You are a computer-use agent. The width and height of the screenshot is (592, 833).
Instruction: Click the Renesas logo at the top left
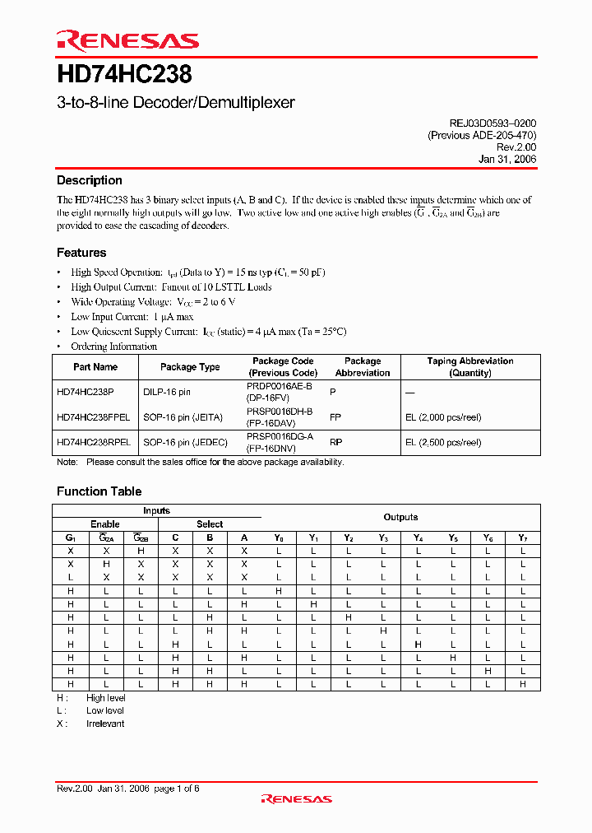pos(127,41)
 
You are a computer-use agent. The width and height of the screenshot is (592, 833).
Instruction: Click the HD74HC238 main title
pos(124,75)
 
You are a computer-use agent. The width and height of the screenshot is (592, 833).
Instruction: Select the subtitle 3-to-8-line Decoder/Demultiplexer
pos(175,103)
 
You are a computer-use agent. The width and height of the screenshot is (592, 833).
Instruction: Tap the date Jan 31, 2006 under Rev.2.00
pos(506,160)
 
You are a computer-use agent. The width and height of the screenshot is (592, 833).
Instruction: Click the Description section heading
pos(89,180)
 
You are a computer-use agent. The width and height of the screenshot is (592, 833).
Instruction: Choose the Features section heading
pos(81,253)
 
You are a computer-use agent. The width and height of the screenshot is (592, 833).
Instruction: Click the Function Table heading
pos(99,491)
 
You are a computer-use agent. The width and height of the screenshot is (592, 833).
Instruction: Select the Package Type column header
pos(190,367)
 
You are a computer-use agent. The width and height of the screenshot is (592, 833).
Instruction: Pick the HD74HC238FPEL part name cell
pos(93,417)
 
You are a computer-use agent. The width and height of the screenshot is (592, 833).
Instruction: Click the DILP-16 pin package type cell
pos(167,393)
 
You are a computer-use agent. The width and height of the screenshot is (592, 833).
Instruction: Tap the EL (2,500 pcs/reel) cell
pos(442,442)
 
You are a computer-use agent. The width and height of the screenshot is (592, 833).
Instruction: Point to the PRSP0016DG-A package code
pos(280,436)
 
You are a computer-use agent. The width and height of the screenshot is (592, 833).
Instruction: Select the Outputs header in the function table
pos(400,517)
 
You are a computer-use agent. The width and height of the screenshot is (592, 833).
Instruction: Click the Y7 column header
pos(522,537)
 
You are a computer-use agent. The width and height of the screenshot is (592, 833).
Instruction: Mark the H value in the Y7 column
pos(522,684)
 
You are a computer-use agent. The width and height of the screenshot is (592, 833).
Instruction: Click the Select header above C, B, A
pos(210,524)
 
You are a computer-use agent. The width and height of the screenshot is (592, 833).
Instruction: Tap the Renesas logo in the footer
pos(296,798)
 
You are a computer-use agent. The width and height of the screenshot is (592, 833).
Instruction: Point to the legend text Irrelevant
pos(105,724)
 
